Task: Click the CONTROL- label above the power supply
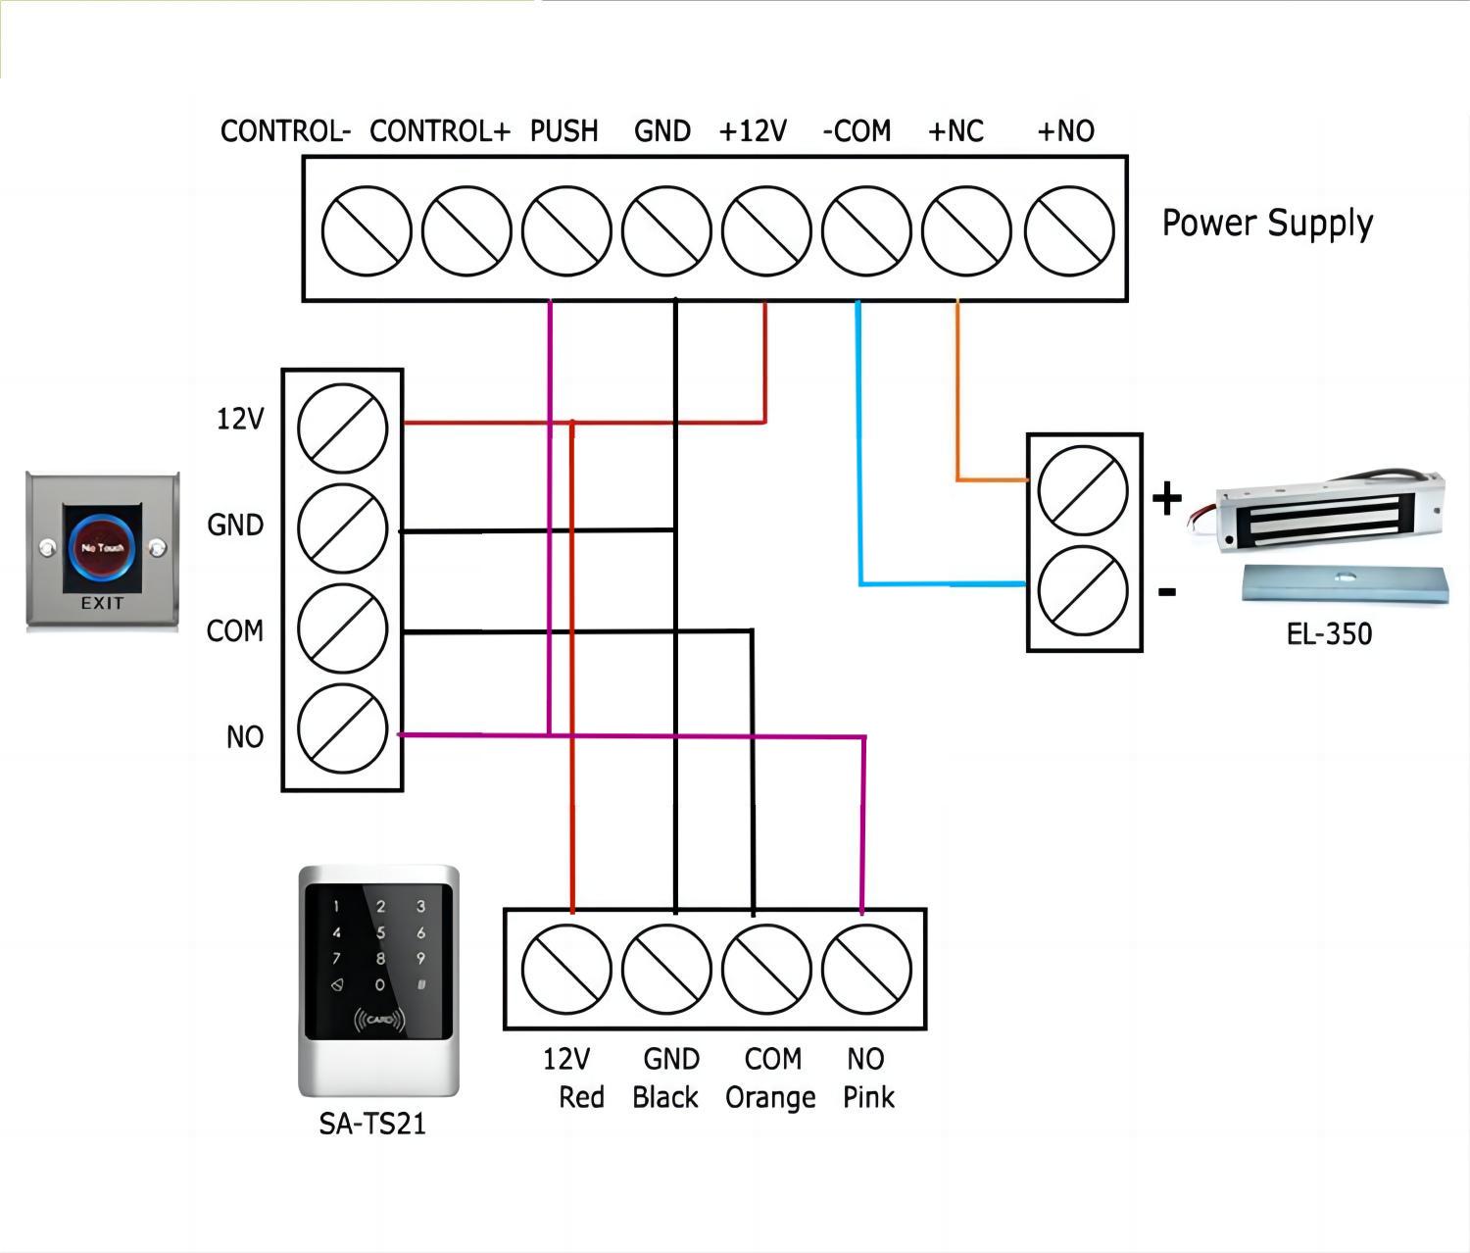(x=285, y=131)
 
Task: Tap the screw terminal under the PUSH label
(x=566, y=231)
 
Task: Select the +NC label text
(x=955, y=131)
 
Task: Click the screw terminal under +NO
(x=1069, y=231)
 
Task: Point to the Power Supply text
(x=1267, y=224)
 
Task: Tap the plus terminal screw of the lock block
(x=1083, y=490)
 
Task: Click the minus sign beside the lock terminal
(x=1167, y=592)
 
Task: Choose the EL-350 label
(x=1329, y=634)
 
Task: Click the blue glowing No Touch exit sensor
(x=102, y=547)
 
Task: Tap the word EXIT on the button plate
(x=102, y=603)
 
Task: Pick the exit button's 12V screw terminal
(x=343, y=428)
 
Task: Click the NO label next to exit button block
(x=244, y=737)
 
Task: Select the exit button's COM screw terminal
(x=343, y=628)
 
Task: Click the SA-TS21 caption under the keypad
(x=372, y=1124)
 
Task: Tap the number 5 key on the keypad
(x=380, y=933)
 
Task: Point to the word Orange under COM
(x=770, y=1098)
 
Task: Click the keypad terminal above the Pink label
(x=866, y=969)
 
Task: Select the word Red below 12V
(x=581, y=1098)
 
